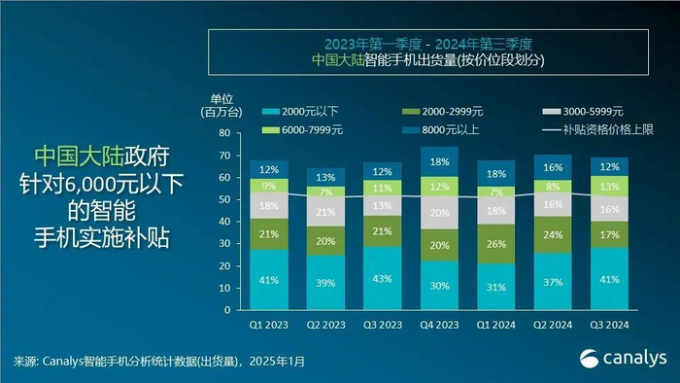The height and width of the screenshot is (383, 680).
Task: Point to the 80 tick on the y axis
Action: pos(222,133)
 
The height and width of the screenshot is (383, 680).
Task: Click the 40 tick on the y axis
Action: pos(222,223)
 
